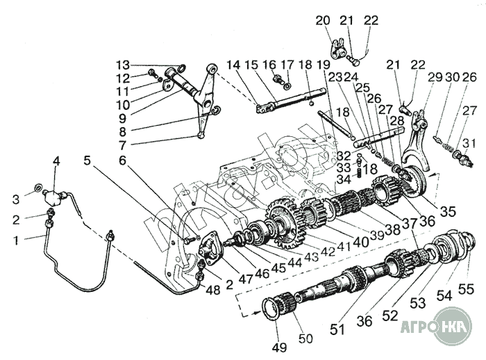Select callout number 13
pos(123,65)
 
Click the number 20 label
pos(323,20)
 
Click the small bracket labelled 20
pos(338,49)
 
